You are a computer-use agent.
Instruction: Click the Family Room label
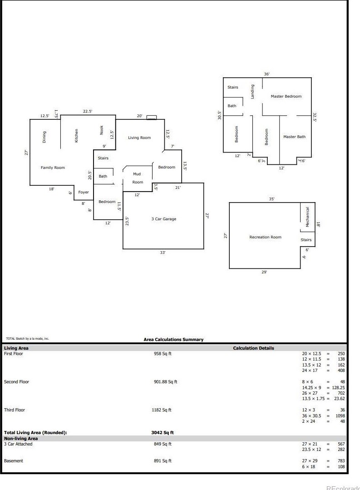point(53,168)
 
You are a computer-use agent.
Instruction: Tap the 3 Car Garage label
point(163,219)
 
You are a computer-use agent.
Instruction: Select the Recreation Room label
point(265,237)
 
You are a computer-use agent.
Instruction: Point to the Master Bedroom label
point(286,96)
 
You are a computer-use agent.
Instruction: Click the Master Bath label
point(294,137)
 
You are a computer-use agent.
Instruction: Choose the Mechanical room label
point(307,217)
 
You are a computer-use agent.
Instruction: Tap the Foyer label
point(84,192)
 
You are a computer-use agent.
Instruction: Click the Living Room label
point(139,138)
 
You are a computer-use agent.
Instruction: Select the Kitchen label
point(77,136)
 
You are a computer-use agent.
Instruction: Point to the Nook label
point(102,130)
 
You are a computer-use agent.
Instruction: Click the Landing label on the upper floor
point(253,92)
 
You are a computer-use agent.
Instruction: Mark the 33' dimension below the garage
point(163,252)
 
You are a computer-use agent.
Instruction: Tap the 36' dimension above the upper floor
point(267,74)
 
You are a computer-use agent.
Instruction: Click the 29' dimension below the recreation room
point(264,272)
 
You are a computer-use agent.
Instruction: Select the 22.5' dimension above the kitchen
point(88,111)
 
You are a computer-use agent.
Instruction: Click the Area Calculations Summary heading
point(173,339)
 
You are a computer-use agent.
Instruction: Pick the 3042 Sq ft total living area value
point(163,433)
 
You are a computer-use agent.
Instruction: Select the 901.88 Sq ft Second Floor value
point(165,382)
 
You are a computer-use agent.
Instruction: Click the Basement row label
point(14,461)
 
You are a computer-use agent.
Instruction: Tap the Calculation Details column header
point(253,348)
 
